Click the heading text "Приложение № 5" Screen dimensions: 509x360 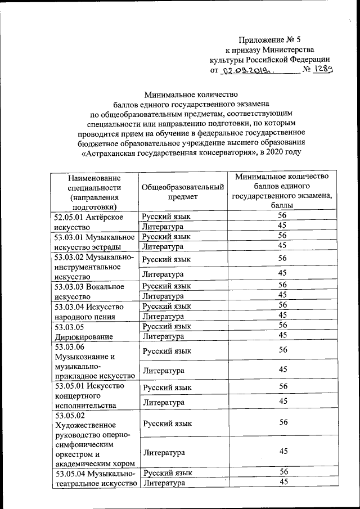(270, 39)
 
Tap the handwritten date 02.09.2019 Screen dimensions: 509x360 (246, 71)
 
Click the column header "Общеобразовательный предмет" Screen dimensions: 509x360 (183, 192)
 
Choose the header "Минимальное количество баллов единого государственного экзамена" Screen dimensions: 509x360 (282, 191)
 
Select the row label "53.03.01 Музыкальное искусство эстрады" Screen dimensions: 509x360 (94, 241)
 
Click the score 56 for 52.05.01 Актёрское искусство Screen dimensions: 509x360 (282, 216)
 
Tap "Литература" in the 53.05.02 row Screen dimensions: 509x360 (163, 452)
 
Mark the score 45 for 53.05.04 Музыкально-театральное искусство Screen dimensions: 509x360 (282, 482)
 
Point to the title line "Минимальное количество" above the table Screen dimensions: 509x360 (192, 94)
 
